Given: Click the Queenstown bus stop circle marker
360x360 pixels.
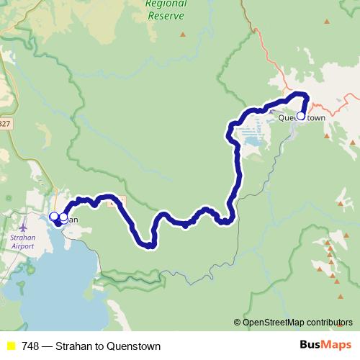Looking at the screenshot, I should tap(301, 115).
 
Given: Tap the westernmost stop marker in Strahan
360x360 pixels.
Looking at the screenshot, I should tap(53, 216).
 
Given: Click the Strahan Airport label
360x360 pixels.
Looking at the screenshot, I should tap(22, 241).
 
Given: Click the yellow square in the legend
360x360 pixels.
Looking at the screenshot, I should tap(11, 346).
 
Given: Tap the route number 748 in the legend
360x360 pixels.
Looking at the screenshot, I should tap(30, 346).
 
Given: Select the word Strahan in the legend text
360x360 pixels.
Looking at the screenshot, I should tap(73, 346).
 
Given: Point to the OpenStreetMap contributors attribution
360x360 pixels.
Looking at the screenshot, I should tap(297, 322).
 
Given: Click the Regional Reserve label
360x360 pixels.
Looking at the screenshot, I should tap(165, 9).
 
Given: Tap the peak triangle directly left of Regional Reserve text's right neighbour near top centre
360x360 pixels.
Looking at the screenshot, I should tap(183, 34).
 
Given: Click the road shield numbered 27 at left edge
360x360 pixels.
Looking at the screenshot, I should tap(4, 124).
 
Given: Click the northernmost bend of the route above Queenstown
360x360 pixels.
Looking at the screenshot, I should tap(297, 94).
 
